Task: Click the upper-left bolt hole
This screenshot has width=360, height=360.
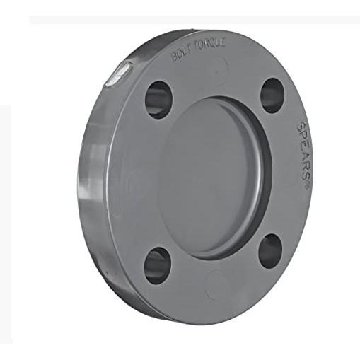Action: (158, 100)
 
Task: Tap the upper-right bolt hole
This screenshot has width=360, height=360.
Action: (272, 95)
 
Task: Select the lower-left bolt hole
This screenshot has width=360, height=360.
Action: (157, 266)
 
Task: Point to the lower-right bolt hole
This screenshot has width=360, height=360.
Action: (270, 251)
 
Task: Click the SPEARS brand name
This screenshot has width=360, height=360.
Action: (301, 151)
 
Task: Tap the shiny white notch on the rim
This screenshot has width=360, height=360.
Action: (118, 74)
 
